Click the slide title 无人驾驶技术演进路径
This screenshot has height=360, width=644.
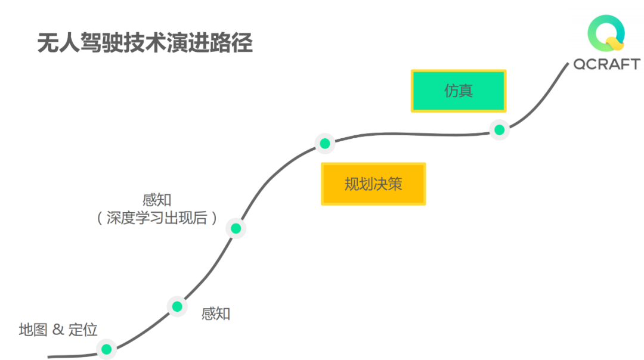(x=145, y=44)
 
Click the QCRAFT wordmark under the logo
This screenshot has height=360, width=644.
(x=606, y=64)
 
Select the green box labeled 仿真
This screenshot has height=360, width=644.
(x=459, y=91)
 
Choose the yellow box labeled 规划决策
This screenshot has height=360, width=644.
(x=373, y=184)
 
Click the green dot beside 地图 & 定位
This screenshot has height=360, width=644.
(x=106, y=349)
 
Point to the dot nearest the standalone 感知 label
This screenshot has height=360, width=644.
(x=177, y=306)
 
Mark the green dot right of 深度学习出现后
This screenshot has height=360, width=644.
(x=236, y=228)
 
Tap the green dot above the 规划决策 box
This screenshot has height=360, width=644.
(x=324, y=143)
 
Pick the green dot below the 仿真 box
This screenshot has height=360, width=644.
(x=499, y=129)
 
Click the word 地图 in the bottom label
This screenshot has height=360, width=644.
(x=33, y=330)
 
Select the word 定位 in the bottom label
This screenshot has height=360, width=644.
(x=83, y=330)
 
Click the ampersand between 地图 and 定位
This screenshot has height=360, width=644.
(x=58, y=330)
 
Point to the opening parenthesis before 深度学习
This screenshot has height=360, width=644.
(x=100, y=218)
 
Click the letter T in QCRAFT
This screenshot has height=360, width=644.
(x=634, y=64)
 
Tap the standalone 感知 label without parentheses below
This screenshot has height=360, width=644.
(x=216, y=314)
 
